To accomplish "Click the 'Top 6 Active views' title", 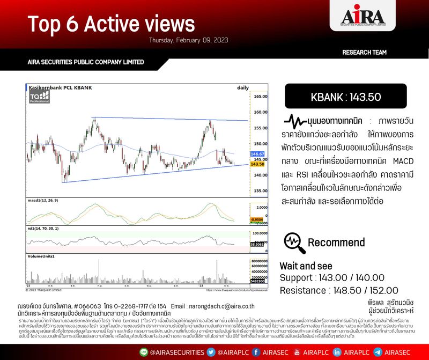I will [x=111, y=24].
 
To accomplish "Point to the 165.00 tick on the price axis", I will [x=261, y=97].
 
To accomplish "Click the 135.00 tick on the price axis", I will [x=261, y=191].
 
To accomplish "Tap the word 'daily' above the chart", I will [x=243, y=87].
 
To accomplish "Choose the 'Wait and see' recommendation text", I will [x=306, y=266].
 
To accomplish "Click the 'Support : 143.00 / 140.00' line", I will [x=332, y=277].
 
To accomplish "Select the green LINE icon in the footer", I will [x=143, y=352].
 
